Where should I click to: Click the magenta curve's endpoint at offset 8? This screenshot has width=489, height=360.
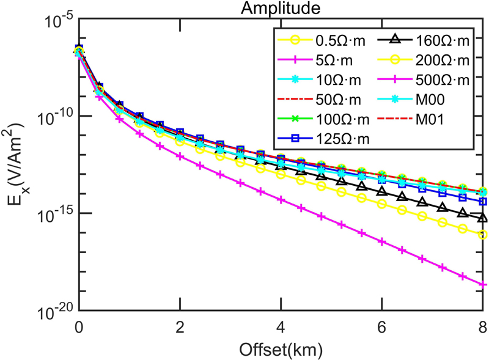483,284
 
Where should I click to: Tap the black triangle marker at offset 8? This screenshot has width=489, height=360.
483,218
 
